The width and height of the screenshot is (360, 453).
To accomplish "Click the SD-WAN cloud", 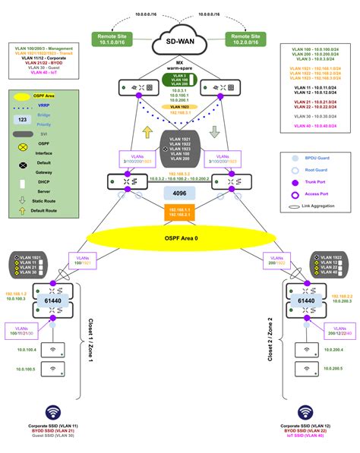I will click(x=181, y=39).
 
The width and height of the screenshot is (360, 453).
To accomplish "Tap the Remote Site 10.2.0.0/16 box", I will click(x=248, y=39).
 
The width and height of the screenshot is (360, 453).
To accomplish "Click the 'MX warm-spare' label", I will click(x=179, y=66).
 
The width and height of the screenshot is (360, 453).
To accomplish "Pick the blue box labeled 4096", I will click(x=180, y=193).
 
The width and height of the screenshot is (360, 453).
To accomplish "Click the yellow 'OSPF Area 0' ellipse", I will click(x=180, y=238).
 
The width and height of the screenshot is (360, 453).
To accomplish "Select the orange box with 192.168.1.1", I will click(x=180, y=211).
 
